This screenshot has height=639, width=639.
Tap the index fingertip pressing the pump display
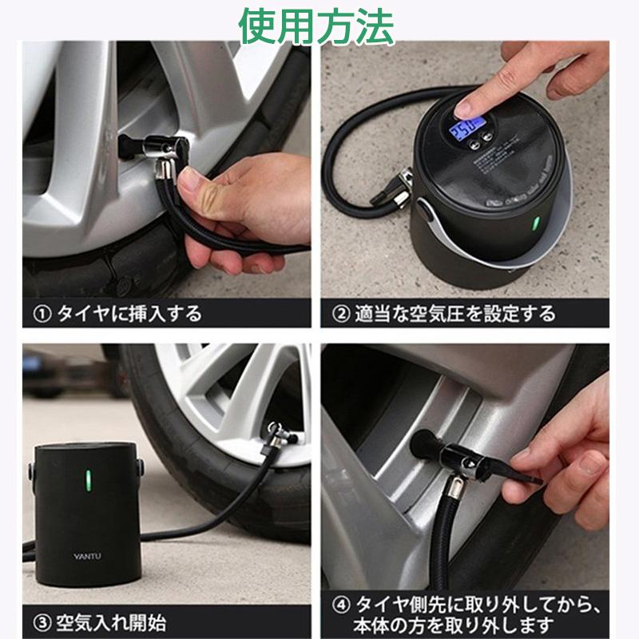(x=466, y=104)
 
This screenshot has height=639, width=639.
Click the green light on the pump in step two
(x=536, y=223)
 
